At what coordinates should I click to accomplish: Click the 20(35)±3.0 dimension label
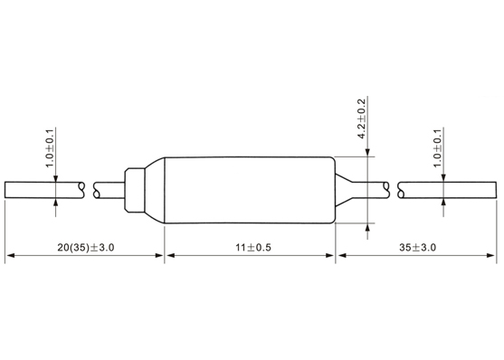click(86, 248)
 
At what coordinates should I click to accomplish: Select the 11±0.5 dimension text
click(253, 248)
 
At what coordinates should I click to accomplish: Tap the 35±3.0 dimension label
click(417, 248)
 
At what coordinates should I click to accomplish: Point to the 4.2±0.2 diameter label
click(362, 118)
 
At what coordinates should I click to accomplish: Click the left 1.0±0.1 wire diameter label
click(50, 148)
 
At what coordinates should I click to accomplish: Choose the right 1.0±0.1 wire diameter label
click(437, 148)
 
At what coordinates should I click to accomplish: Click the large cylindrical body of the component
click(250, 190)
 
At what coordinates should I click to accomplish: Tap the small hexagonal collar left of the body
click(135, 190)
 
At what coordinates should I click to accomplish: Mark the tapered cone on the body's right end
click(343, 190)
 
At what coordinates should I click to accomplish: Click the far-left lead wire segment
click(44, 190)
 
